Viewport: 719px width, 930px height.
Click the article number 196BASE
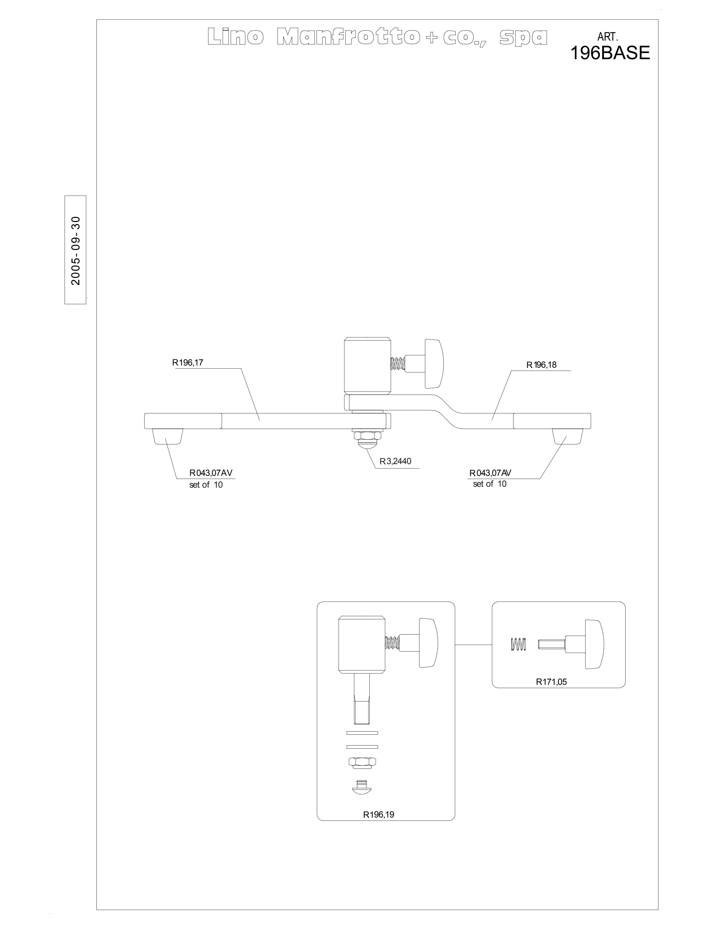610,53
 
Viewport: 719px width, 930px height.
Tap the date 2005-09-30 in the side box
76,250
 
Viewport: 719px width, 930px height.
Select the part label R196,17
187,363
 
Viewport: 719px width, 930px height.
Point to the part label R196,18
541,365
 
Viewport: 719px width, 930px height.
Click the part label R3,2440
395,461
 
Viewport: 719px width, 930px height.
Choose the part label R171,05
551,682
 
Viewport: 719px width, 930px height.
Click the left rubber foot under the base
167,436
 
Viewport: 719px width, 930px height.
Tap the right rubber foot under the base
567,436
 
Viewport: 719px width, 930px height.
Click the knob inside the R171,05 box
594,644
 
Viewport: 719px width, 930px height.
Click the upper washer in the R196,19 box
362,733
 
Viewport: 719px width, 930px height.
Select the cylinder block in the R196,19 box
362,645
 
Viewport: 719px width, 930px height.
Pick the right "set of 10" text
489,484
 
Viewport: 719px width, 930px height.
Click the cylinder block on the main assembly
368,366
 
